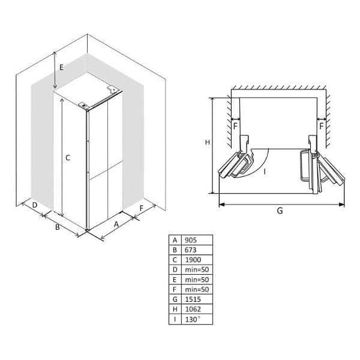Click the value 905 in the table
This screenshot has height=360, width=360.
[x=191, y=240]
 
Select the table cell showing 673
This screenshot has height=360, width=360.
[x=190, y=250]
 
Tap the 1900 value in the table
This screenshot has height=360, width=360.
[x=193, y=260]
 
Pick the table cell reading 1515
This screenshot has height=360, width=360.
[x=193, y=299]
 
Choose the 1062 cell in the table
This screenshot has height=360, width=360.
[x=193, y=309]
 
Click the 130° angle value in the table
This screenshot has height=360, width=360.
[x=193, y=319]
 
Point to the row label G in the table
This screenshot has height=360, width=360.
[x=175, y=299]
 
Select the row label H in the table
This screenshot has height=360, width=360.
[x=175, y=309]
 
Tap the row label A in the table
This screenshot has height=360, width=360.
[x=175, y=240]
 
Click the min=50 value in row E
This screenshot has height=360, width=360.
[x=197, y=280]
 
